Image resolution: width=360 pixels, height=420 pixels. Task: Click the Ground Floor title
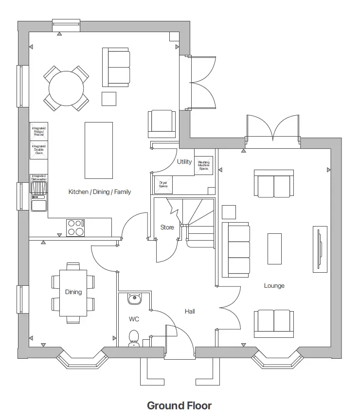click(179, 405)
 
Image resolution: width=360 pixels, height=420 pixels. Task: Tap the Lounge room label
click(274, 286)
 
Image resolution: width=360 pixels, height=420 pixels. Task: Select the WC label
click(134, 319)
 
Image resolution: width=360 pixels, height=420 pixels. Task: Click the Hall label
click(190, 311)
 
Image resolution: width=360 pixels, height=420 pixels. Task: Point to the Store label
click(167, 227)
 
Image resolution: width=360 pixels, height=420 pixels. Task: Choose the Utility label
click(184, 162)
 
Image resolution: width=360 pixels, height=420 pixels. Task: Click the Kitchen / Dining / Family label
click(100, 192)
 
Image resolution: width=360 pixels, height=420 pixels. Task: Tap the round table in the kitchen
click(66, 88)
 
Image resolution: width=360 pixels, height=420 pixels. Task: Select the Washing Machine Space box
click(203, 165)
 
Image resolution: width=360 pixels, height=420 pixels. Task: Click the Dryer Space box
click(163, 185)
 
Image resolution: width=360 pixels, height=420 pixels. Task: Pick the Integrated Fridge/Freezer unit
click(39, 131)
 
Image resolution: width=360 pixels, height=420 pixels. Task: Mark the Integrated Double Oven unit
click(39, 150)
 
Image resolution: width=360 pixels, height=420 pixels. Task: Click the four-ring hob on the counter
click(75, 227)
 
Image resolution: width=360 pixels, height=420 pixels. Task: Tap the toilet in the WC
click(134, 338)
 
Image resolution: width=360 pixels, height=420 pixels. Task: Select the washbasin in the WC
click(134, 298)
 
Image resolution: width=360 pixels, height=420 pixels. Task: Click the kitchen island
click(99, 150)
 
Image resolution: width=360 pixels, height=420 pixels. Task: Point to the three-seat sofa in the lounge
click(236, 250)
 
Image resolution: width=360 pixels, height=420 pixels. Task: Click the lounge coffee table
click(274, 248)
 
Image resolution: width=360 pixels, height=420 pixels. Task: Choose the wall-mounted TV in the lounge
click(320, 250)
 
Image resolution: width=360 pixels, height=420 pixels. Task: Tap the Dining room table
click(73, 293)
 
